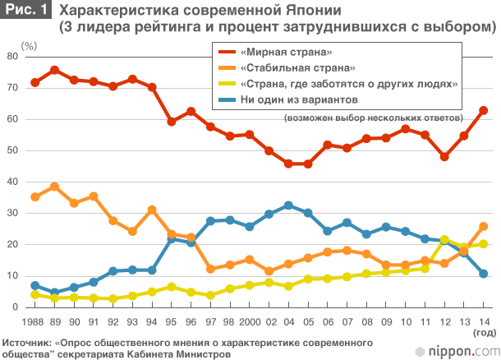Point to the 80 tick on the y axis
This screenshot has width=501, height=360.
(x=12, y=56)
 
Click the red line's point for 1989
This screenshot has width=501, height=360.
(x=54, y=70)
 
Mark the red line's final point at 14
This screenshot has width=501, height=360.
(x=484, y=110)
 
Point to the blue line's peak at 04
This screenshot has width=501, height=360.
(x=288, y=205)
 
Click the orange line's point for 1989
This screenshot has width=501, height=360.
(x=54, y=187)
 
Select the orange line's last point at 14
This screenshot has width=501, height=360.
(x=484, y=226)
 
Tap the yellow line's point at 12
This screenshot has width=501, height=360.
(x=444, y=239)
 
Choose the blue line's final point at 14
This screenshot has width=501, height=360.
(x=484, y=273)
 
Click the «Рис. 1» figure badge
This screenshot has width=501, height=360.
(x=25, y=10)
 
